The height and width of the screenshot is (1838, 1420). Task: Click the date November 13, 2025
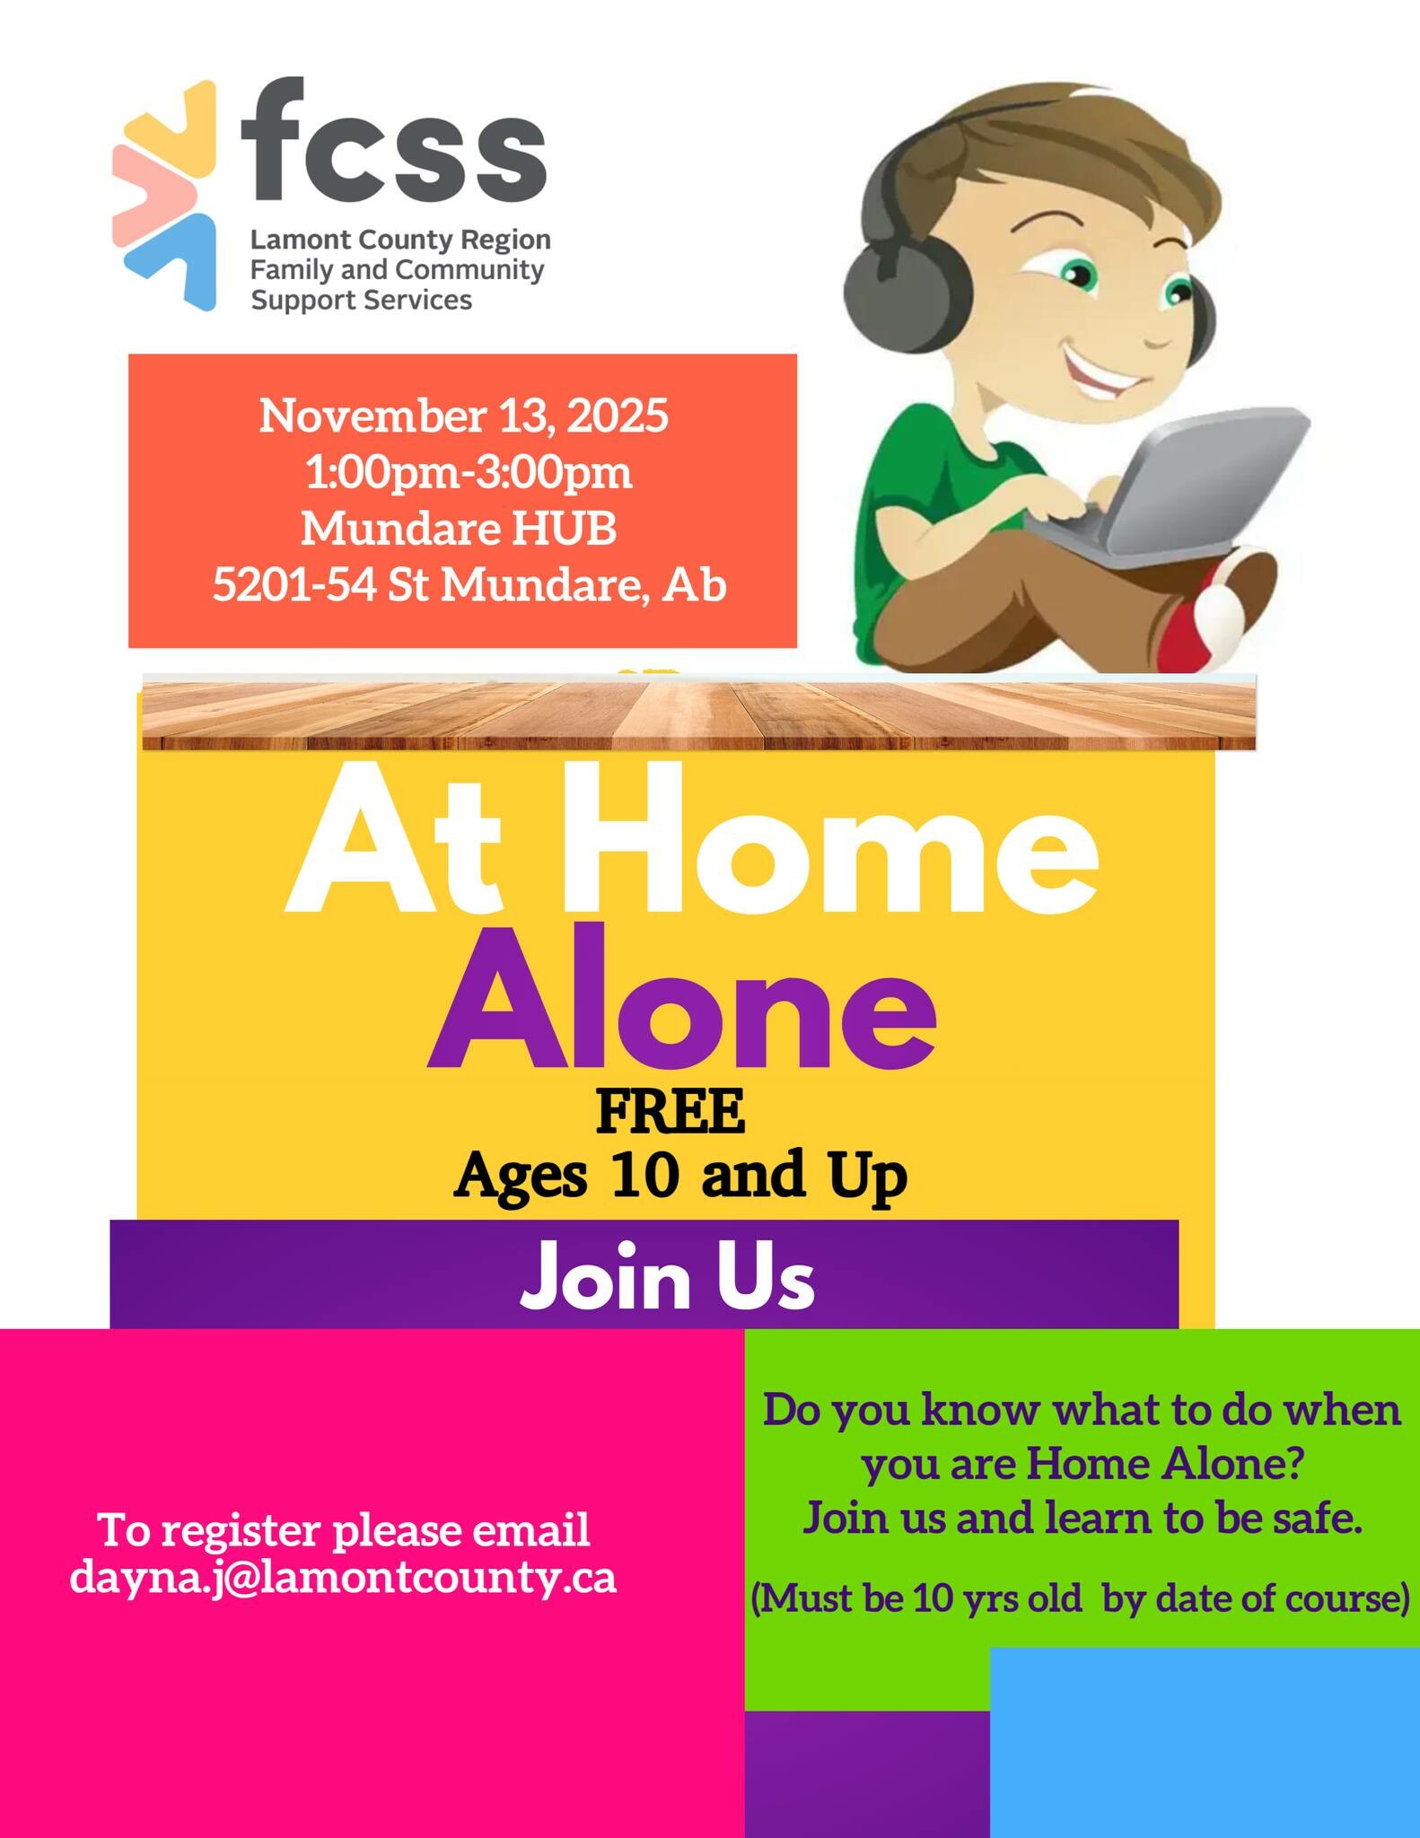(464, 416)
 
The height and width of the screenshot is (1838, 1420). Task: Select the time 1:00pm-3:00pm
(469, 472)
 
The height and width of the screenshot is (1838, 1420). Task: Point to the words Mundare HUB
(459, 529)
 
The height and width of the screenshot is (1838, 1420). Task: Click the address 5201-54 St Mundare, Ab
(469, 586)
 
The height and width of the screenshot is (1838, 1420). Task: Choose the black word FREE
(671, 1112)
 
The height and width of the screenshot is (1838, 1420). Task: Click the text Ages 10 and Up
(681, 1176)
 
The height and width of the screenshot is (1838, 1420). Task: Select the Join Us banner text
(668, 1279)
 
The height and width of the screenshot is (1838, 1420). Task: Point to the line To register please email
(344, 1530)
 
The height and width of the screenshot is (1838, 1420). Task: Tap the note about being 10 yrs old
(1080, 1598)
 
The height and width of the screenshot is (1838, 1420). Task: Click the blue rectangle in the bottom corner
(1205, 1742)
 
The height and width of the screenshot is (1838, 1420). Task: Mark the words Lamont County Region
(400, 241)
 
